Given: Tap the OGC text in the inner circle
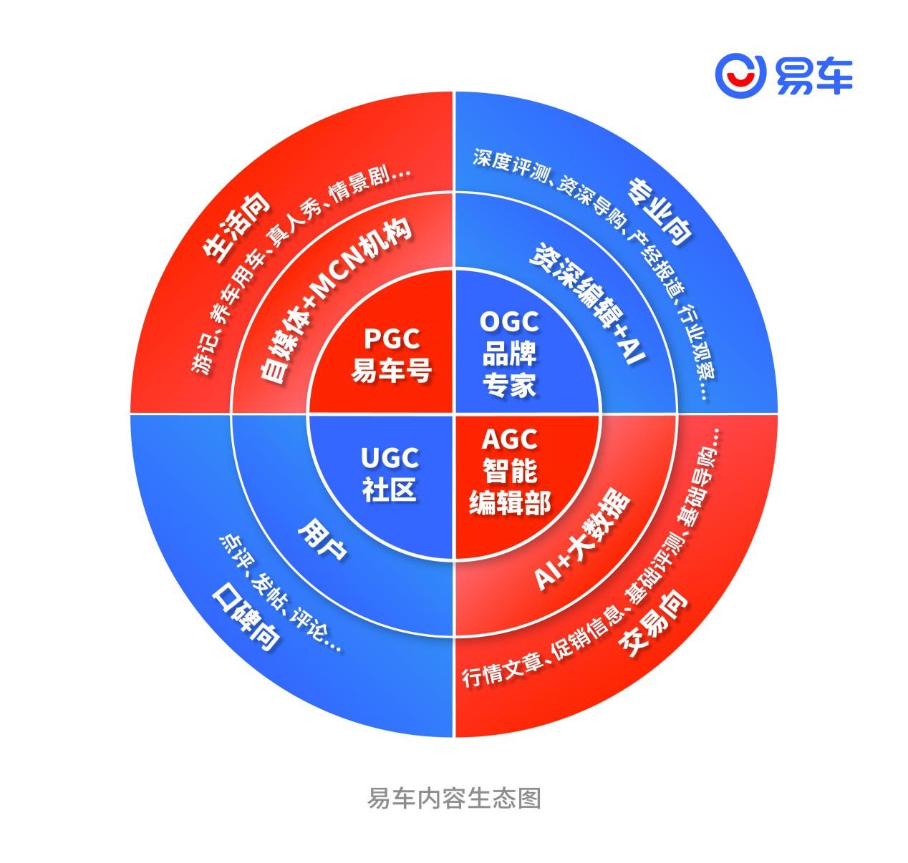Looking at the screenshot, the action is tap(509, 322).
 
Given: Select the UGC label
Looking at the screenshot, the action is tap(390, 458).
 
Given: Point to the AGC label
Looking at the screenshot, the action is tap(509, 439).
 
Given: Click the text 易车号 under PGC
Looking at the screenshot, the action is tap(391, 370).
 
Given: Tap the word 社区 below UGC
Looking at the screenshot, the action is tap(390, 489).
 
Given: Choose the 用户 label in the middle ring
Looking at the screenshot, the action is tap(322, 540).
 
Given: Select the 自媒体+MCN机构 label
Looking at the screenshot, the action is tap(335, 299).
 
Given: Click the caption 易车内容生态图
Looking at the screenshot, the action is tap(454, 798).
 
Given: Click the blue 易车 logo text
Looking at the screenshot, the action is tap(813, 76).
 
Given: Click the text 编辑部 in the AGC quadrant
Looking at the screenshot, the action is tap(509, 502).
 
